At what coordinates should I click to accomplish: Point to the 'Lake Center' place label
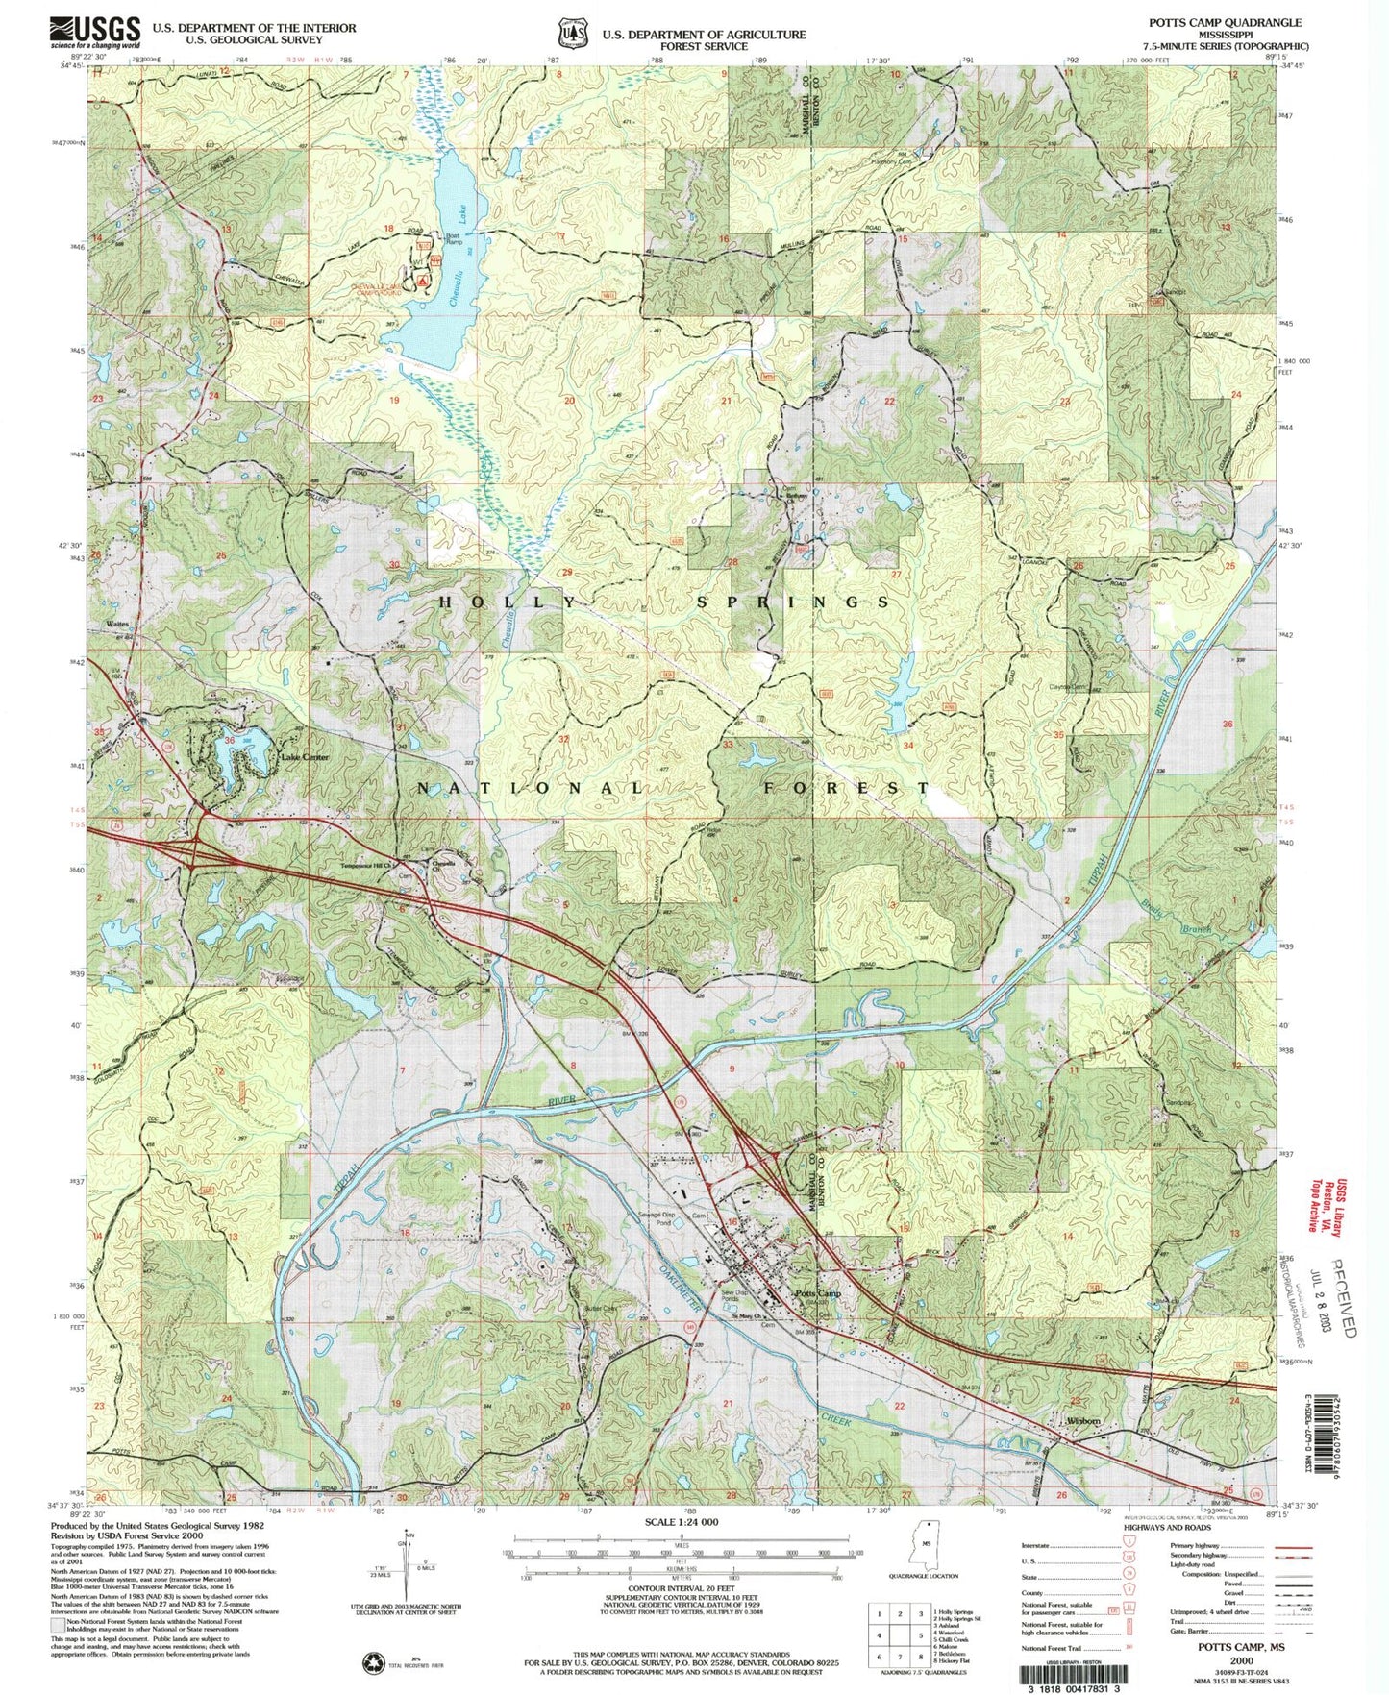[x=305, y=757]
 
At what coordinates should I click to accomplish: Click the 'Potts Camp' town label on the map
[x=818, y=1293]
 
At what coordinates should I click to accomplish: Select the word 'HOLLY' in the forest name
[x=510, y=602]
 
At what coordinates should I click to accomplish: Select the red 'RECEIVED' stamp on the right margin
[x=1344, y=1297]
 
